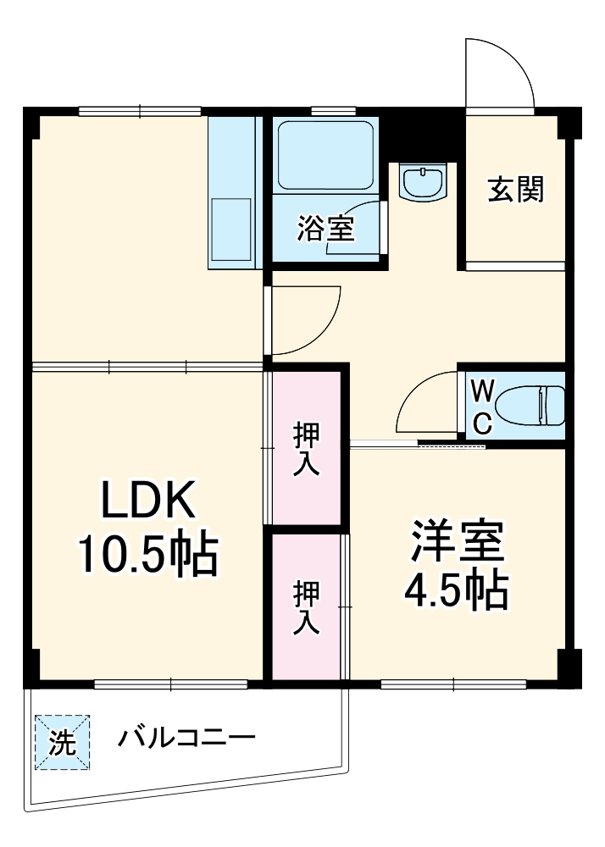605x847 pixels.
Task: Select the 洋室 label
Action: coord(458,541)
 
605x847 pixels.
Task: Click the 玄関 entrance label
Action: coord(515,191)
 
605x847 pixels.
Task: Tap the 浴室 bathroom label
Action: coord(325,228)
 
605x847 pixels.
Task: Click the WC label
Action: coord(481,407)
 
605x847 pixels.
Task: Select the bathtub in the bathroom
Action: coord(325,158)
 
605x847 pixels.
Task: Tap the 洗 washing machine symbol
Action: coord(62,743)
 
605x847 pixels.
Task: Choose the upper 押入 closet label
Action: coord(306,449)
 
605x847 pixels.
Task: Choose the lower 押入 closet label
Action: coord(306,606)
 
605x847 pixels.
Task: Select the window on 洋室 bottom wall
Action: coord(453,684)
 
